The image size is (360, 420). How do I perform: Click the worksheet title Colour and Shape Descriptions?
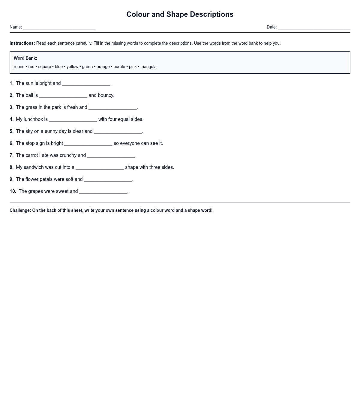180,14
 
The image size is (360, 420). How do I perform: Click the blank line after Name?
59,28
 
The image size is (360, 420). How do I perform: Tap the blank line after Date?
314,28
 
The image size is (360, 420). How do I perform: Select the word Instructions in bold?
22,43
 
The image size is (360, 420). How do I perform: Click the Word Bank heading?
25,58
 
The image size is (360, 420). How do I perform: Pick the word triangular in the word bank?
149,67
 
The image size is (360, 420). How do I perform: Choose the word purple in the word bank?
119,67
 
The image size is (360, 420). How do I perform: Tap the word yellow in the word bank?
72,67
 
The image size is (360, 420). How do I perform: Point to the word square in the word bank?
44,67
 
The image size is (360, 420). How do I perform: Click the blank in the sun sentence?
86,84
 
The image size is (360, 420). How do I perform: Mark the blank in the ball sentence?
63,96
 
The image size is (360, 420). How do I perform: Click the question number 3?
11,107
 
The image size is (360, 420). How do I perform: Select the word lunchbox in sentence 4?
33,119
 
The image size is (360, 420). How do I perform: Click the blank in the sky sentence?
118,132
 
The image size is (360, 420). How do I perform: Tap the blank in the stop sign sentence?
88,144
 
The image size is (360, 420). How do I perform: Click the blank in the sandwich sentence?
100,168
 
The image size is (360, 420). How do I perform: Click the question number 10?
13,191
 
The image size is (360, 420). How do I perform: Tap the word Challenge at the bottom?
20,211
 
